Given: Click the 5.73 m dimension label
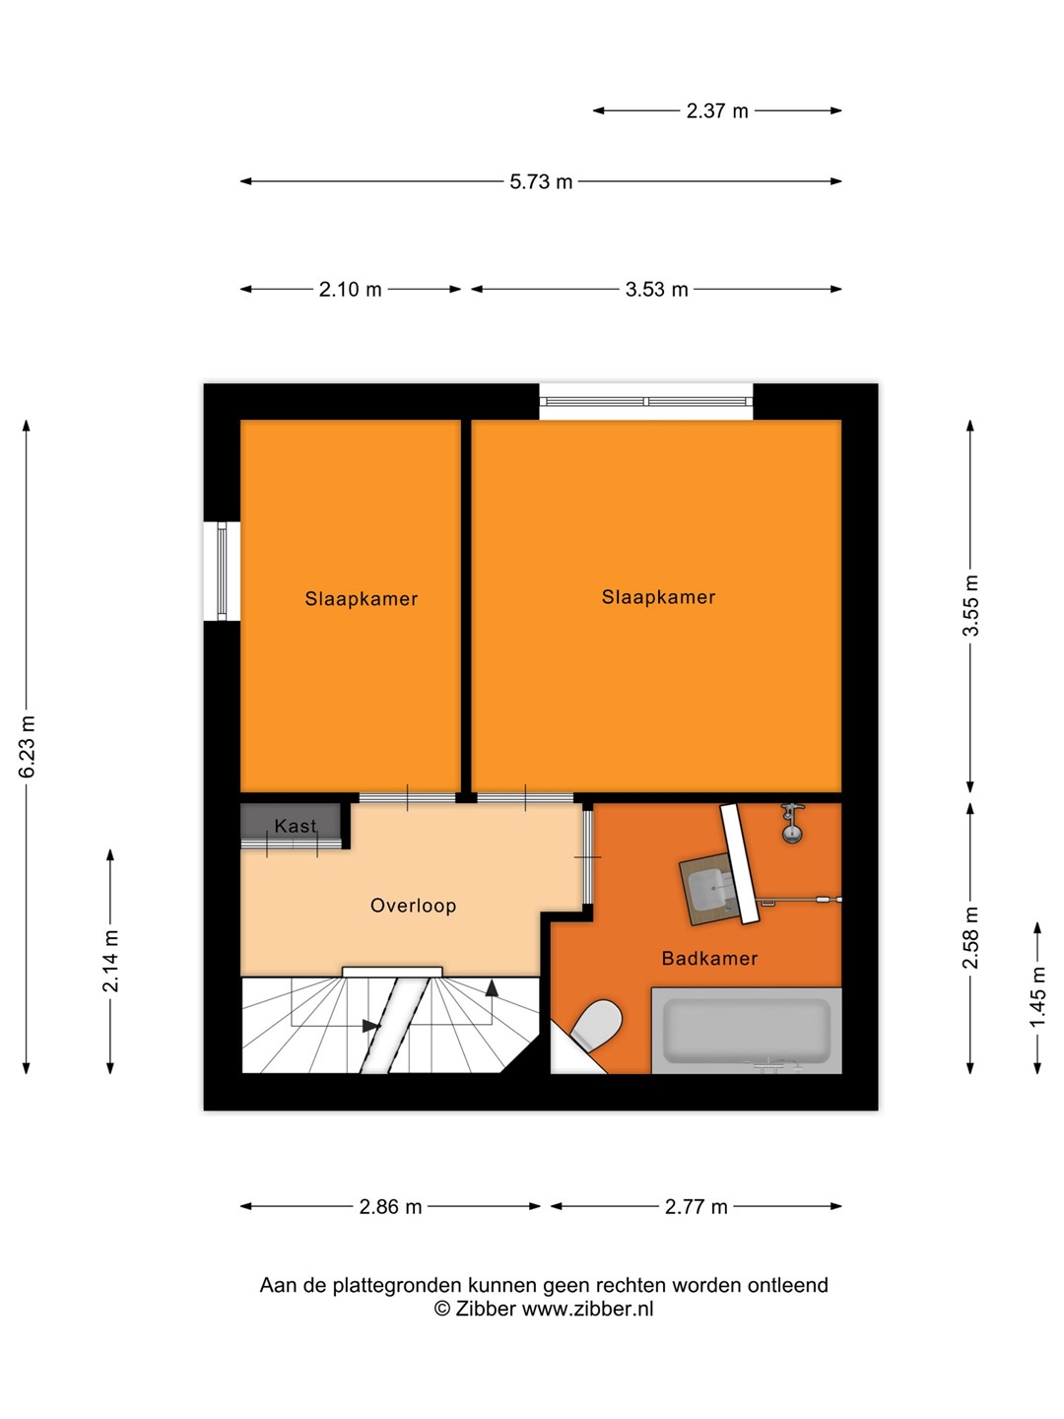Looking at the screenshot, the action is [541, 181].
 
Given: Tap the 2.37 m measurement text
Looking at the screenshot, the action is [717, 111].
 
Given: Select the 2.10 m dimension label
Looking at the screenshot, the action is [350, 289].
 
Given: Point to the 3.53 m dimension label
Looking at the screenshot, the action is [656, 289].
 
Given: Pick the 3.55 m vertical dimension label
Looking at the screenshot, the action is [971, 605].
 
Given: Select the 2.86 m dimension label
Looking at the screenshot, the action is [390, 1206].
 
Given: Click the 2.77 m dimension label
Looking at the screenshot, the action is [697, 1206].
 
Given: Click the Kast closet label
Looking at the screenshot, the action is [296, 826].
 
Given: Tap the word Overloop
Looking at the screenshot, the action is [414, 905].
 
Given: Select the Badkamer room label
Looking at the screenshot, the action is [709, 958].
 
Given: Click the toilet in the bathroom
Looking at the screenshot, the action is [596, 1024].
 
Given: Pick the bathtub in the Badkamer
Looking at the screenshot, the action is [746, 1031].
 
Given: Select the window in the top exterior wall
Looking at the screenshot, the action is [646, 401].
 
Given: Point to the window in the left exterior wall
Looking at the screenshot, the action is [222, 571].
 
